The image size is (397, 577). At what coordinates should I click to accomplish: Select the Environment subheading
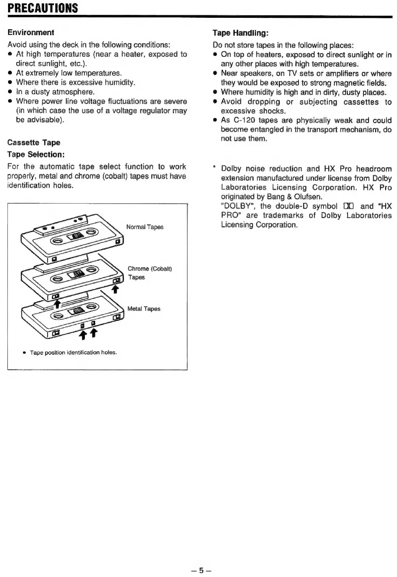[31, 33]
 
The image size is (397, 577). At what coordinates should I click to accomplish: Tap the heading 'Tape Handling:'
[241, 33]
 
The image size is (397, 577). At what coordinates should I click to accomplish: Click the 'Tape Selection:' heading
[36, 154]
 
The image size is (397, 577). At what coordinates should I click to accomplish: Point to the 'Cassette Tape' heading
[34, 143]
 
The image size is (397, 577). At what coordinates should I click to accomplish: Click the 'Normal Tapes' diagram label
[145, 227]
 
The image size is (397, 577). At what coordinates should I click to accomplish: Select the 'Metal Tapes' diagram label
[144, 309]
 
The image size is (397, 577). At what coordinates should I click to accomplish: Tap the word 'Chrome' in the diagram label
[138, 269]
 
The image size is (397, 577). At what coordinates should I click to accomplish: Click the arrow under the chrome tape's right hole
[114, 289]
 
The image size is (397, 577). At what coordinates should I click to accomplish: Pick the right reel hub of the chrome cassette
[93, 270]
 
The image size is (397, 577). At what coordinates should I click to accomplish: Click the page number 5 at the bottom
[202, 570]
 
